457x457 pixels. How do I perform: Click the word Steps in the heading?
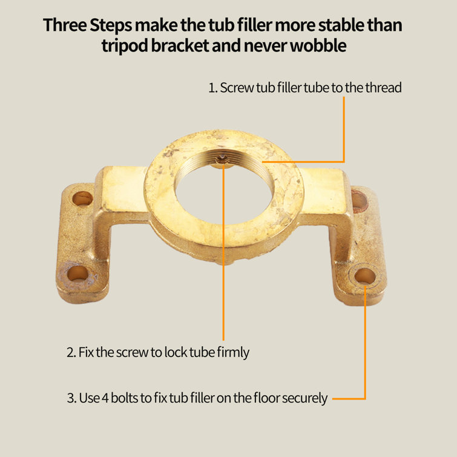(111, 25)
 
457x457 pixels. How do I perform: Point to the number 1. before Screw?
(213, 88)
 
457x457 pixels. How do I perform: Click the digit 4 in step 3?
(105, 398)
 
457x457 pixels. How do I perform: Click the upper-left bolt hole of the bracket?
(82, 199)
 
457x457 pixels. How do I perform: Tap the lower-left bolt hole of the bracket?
(78, 274)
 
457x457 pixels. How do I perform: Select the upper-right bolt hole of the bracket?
(360, 200)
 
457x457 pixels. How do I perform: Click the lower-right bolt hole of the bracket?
(364, 276)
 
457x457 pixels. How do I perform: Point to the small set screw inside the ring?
(222, 159)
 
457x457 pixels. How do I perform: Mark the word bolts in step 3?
(124, 398)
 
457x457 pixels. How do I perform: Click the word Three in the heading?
(65, 25)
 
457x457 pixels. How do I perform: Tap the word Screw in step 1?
(237, 88)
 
